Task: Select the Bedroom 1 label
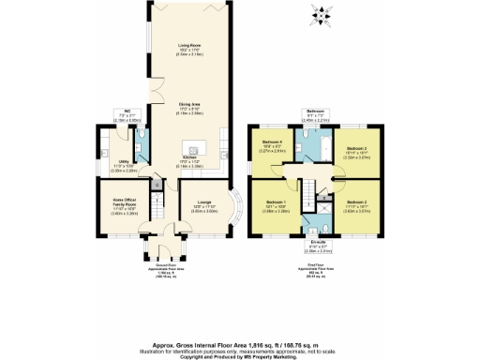[275, 203]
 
